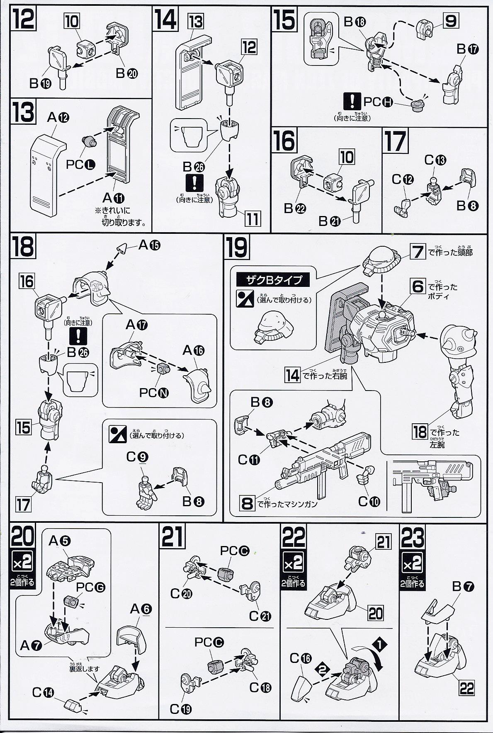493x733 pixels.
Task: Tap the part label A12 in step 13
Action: click(x=58, y=118)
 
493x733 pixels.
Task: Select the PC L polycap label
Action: click(x=80, y=165)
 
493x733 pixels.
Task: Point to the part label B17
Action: click(x=468, y=49)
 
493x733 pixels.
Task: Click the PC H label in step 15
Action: click(x=378, y=102)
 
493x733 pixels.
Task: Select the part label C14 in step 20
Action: click(x=42, y=692)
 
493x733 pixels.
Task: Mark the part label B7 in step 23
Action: click(x=463, y=586)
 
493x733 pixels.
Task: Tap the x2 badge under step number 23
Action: click(x=412, y=564)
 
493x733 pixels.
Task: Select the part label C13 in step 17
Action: click(x=435, y=160)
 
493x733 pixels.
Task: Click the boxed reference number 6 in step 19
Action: click(x=418, y=286)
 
